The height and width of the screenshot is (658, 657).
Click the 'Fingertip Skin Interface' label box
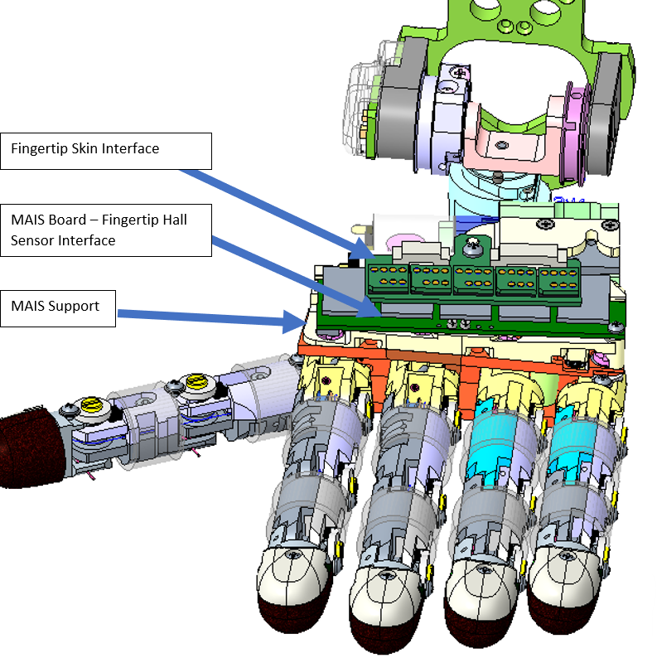(106, 151)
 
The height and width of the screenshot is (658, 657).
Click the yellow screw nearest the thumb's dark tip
(90, 407)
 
